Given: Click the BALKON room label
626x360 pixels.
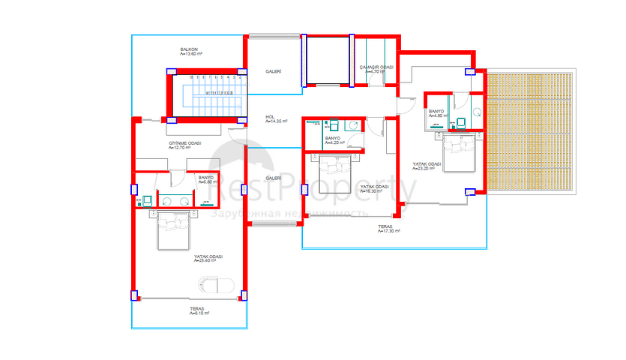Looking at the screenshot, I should point(187,49).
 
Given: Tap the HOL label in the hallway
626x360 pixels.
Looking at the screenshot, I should point(270,116).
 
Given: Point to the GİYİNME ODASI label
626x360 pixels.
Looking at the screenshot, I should point(184,142).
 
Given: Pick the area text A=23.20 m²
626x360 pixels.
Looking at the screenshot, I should point(426,169).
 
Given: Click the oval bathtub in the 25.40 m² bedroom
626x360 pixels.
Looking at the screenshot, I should point(215,286).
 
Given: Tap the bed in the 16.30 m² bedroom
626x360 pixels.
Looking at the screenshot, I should point(334,170).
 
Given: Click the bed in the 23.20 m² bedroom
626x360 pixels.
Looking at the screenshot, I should point(458,151).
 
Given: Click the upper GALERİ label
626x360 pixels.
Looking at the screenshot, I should point(273,71).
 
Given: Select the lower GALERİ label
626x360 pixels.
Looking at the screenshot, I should point(273,178).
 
